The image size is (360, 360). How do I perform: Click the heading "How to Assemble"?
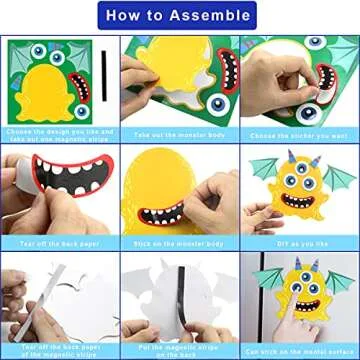coord(180,17)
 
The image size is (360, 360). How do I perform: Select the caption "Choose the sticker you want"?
coord(298,132)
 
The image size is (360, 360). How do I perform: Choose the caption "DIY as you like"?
coord(298,241)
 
